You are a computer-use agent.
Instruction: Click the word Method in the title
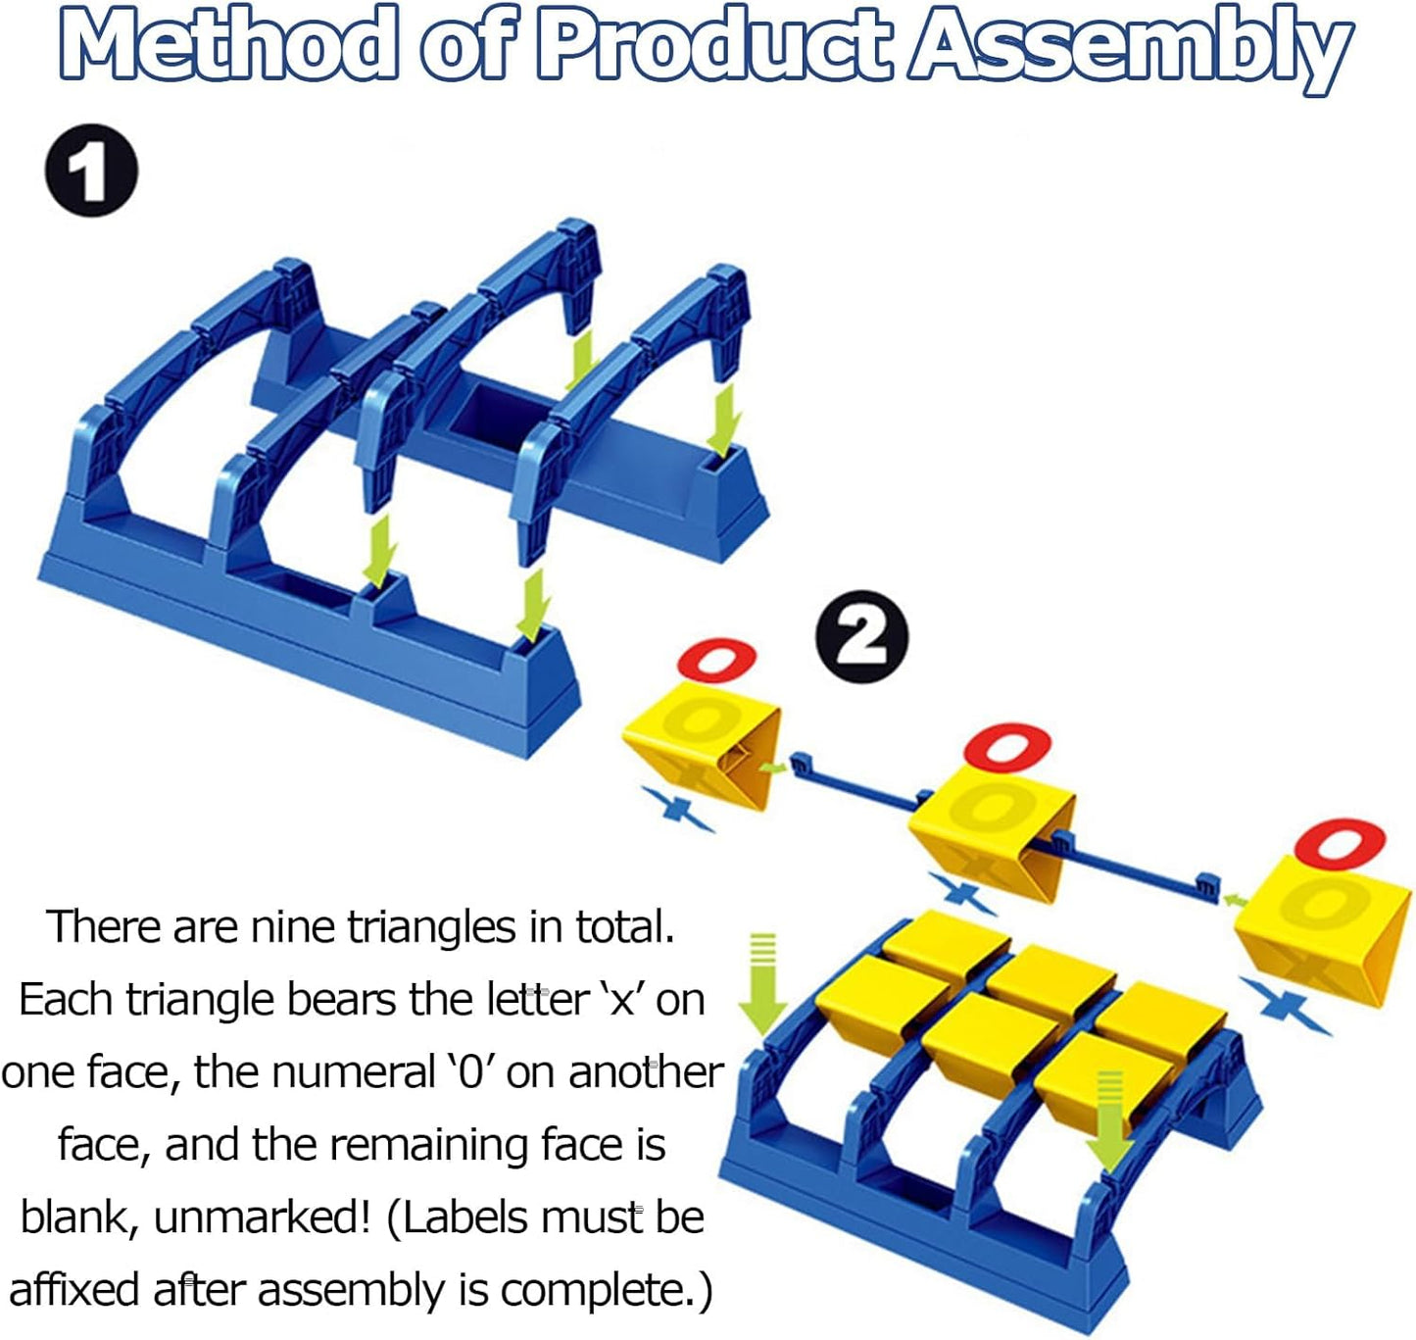tap(228, 45)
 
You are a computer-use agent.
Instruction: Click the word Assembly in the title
tap(1132, 49)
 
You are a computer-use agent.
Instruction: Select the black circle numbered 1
tap(91, 171)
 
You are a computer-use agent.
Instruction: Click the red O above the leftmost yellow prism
tap(716, 659)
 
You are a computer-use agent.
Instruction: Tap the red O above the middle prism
tap(1007, 747)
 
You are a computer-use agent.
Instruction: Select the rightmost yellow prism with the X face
tap(1323, 929)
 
